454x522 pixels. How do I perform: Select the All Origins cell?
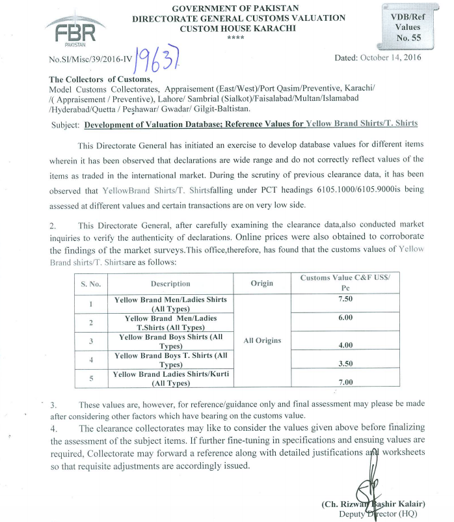pos(261,340)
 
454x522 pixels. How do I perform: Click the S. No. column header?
pos(90,284)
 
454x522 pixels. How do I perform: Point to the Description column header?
pos(170,284)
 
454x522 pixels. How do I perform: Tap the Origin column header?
pos(261,284)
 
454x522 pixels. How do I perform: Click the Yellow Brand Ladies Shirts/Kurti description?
pos(170,379)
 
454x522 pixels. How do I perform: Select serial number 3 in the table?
pos(90,341)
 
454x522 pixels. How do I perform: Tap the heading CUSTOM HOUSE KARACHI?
pos(237,29)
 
